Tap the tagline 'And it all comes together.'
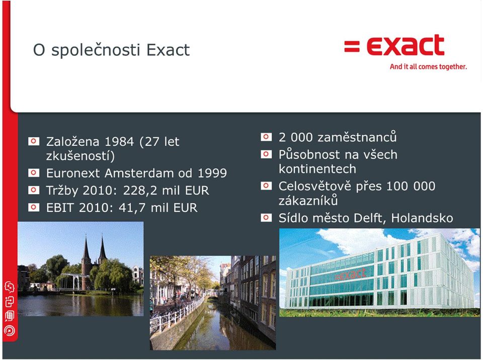(x=428, y=66)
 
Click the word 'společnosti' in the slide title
(x=96, y=50)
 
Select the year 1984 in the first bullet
(x=119, y=142)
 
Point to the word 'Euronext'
(x=73, y=173)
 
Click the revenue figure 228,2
(x=141, y=191)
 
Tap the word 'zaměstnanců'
(x=357, y=137)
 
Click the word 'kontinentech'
(x=317, y=169)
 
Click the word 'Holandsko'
(x=422, y=218)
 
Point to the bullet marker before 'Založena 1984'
(x=34, y=141)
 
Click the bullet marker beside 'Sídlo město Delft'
(x=266, y=218)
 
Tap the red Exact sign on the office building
(x=350, y=274)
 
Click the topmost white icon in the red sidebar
(x=10, y=287)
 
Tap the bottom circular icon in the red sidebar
(x=10, y=331)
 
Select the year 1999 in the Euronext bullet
(x=212, y=173)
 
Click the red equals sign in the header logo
(x=352, y=46)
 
